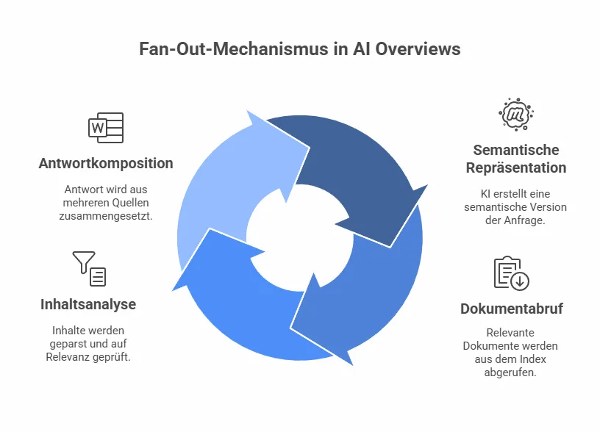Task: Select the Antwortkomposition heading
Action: [x=106, y=163]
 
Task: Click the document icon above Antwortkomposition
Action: [x=106, y=128]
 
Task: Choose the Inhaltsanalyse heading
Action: [x=88, y=304]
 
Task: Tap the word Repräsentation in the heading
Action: [x=516, y=168]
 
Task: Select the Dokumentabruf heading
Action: [x=512, y=309]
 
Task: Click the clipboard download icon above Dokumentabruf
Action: [x=511, y=273]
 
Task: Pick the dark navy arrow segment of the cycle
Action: [x=346, y=169]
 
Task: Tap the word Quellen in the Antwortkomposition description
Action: [x=135, y=202]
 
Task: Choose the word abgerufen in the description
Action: [x=512, y=372]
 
